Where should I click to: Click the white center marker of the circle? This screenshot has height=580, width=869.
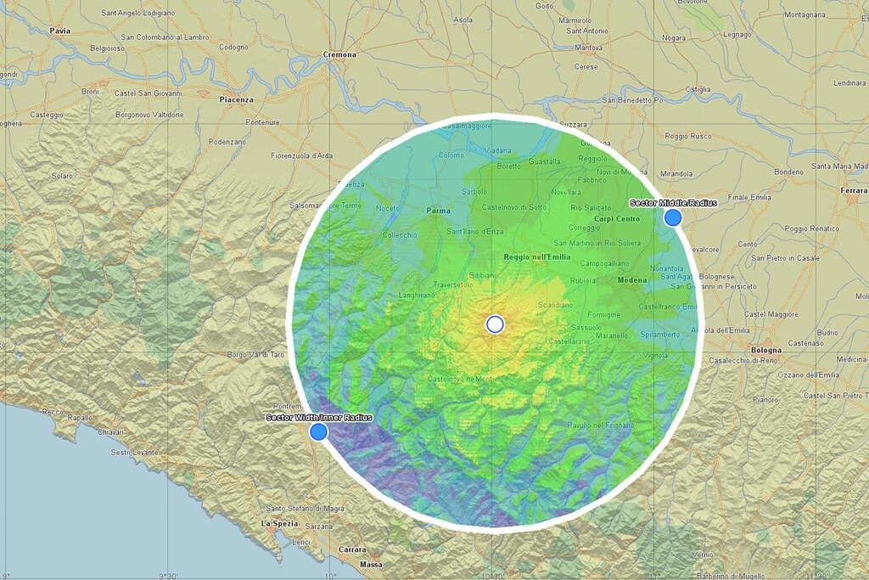(x=495, y=324)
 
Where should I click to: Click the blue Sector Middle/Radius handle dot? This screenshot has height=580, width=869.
(x=673, y=217)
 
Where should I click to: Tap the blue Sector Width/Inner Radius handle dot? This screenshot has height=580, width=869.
(x=318, y=432)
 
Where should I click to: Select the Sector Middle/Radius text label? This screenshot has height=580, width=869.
(x=673, y=203)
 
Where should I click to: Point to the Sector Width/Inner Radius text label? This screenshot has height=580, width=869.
(x=318, y=417)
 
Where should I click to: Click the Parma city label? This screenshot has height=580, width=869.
(x=438, y=211)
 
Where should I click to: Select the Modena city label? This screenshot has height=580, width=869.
(x=631, y=280)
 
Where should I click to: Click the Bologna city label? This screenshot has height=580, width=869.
(x=765, y=350)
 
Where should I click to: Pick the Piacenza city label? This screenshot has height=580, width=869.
(x=236, y=99)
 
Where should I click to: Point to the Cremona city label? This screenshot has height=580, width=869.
(x=339, y=55)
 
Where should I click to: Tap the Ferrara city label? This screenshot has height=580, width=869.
(x=853, y=190)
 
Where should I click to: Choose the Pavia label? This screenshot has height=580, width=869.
(x=59, y=31)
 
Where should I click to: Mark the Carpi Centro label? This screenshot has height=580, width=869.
(x=616, y=218)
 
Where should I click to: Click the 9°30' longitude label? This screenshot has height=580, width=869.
(x=173, y=575)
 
